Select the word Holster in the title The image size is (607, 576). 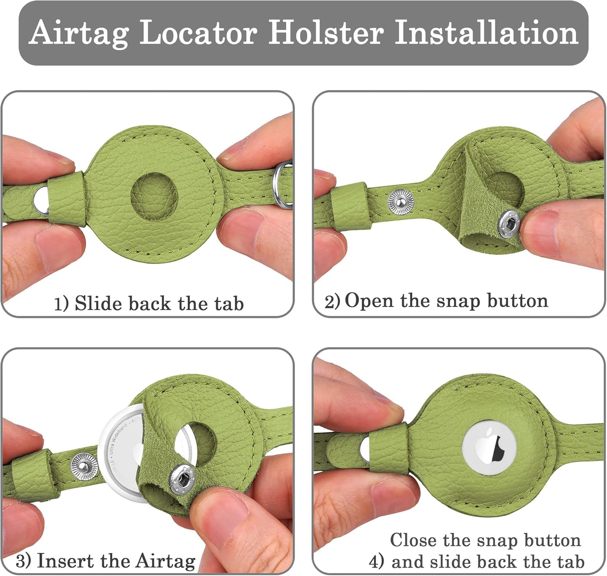326,33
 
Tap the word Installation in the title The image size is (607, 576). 486,33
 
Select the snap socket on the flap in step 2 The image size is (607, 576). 509,224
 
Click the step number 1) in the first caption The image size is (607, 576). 61,304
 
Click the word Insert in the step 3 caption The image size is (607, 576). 66,561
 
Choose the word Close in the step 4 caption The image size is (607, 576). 413,540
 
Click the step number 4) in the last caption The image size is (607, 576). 376,562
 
